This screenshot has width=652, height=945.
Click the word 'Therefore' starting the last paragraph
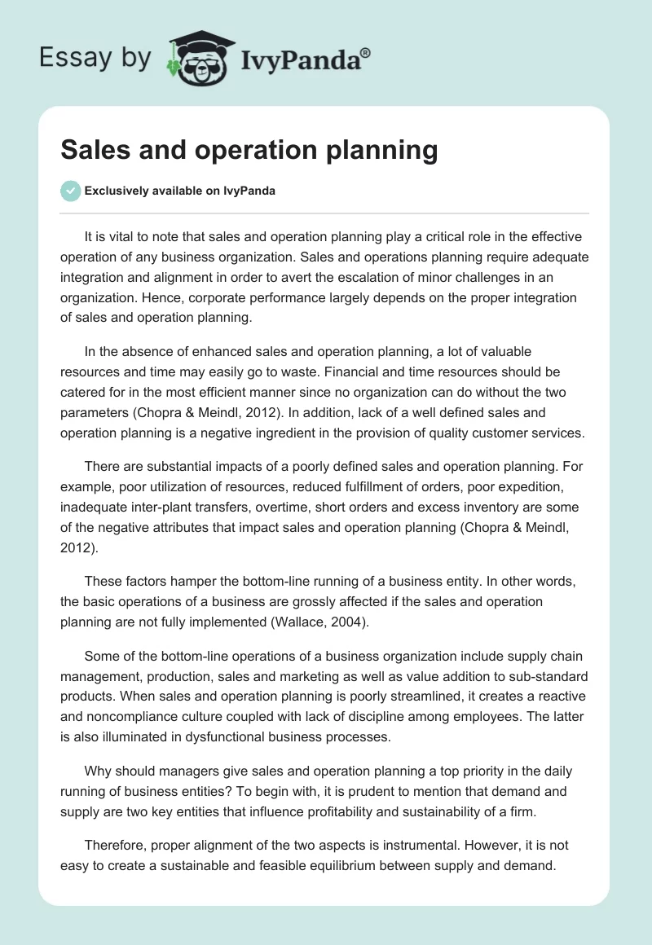[115, 845]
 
